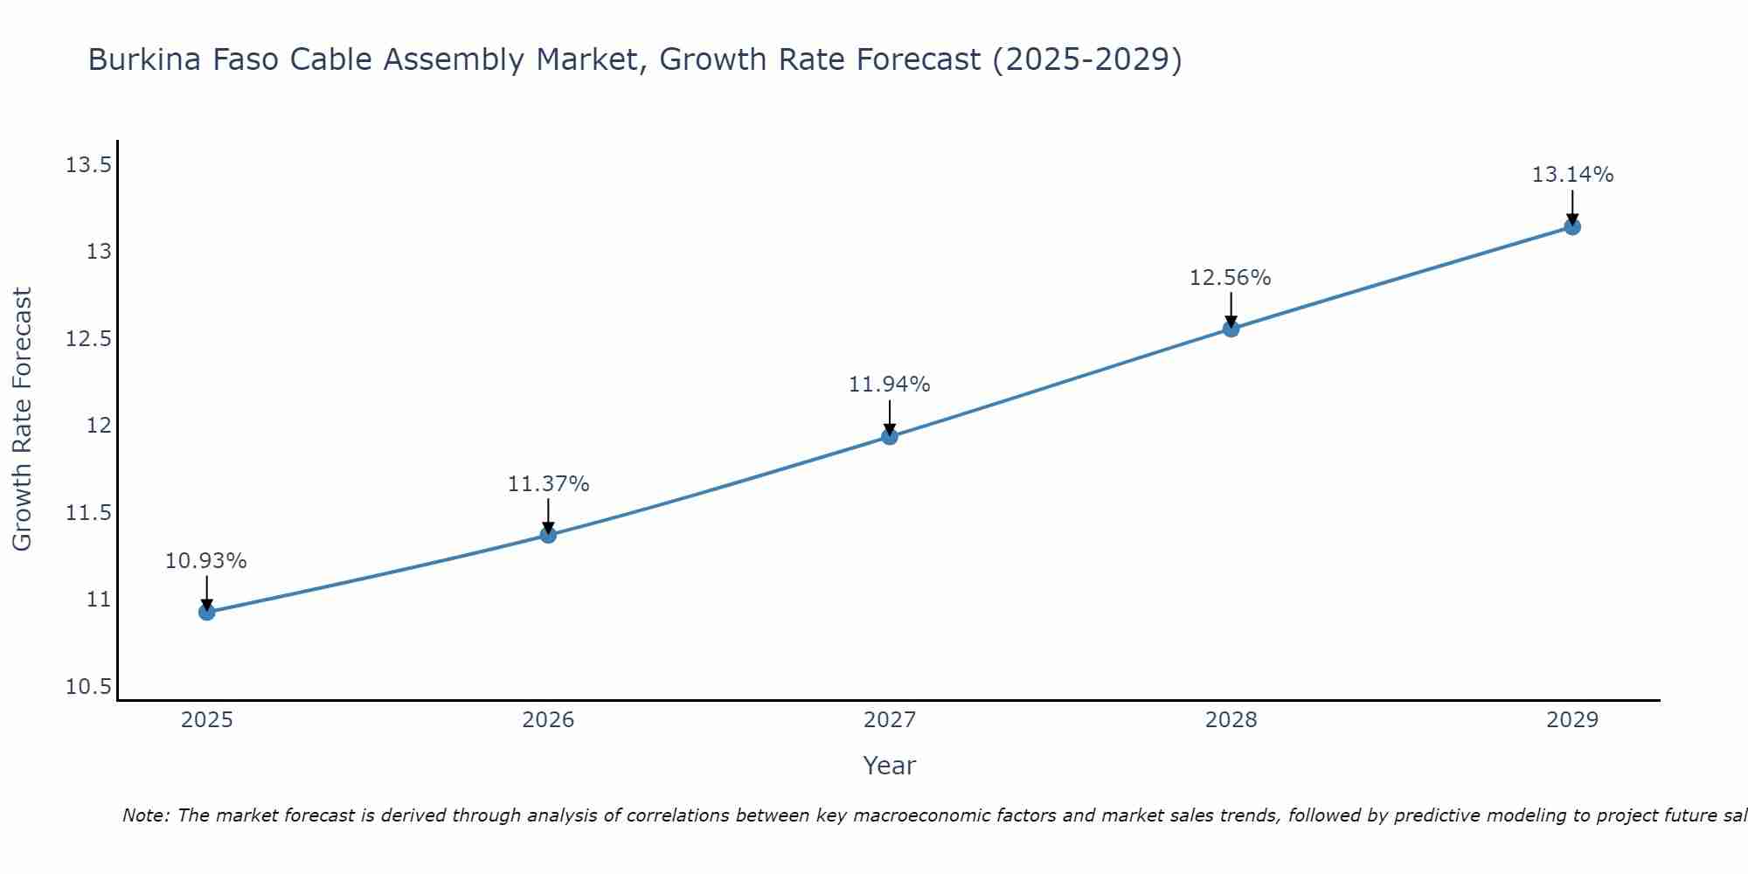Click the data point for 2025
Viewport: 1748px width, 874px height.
click(207, 612)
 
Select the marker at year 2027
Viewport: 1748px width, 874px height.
click(890, 436)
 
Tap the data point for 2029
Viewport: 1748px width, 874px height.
click(1572, 227)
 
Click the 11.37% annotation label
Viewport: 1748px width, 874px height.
click(548, 484)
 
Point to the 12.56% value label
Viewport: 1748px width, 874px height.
click(1230, 278)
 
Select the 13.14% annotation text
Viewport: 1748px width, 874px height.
click(1572, 175)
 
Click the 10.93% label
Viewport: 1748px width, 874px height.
click(206, 561)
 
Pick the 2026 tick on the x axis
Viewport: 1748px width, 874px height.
click(548, 720)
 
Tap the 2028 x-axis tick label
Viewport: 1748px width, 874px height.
click(1231, 720)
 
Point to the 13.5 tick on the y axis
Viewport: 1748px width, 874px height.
click(88, 165)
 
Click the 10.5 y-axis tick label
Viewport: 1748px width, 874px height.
click(88, 687)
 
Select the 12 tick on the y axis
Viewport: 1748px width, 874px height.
click(99, 426)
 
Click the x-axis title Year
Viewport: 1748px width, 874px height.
click(889, 766)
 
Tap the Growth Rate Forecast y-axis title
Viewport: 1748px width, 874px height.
click(22, 420)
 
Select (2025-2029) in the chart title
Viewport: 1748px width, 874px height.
click(1087, 60)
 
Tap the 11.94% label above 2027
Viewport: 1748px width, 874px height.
click(889, 385)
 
